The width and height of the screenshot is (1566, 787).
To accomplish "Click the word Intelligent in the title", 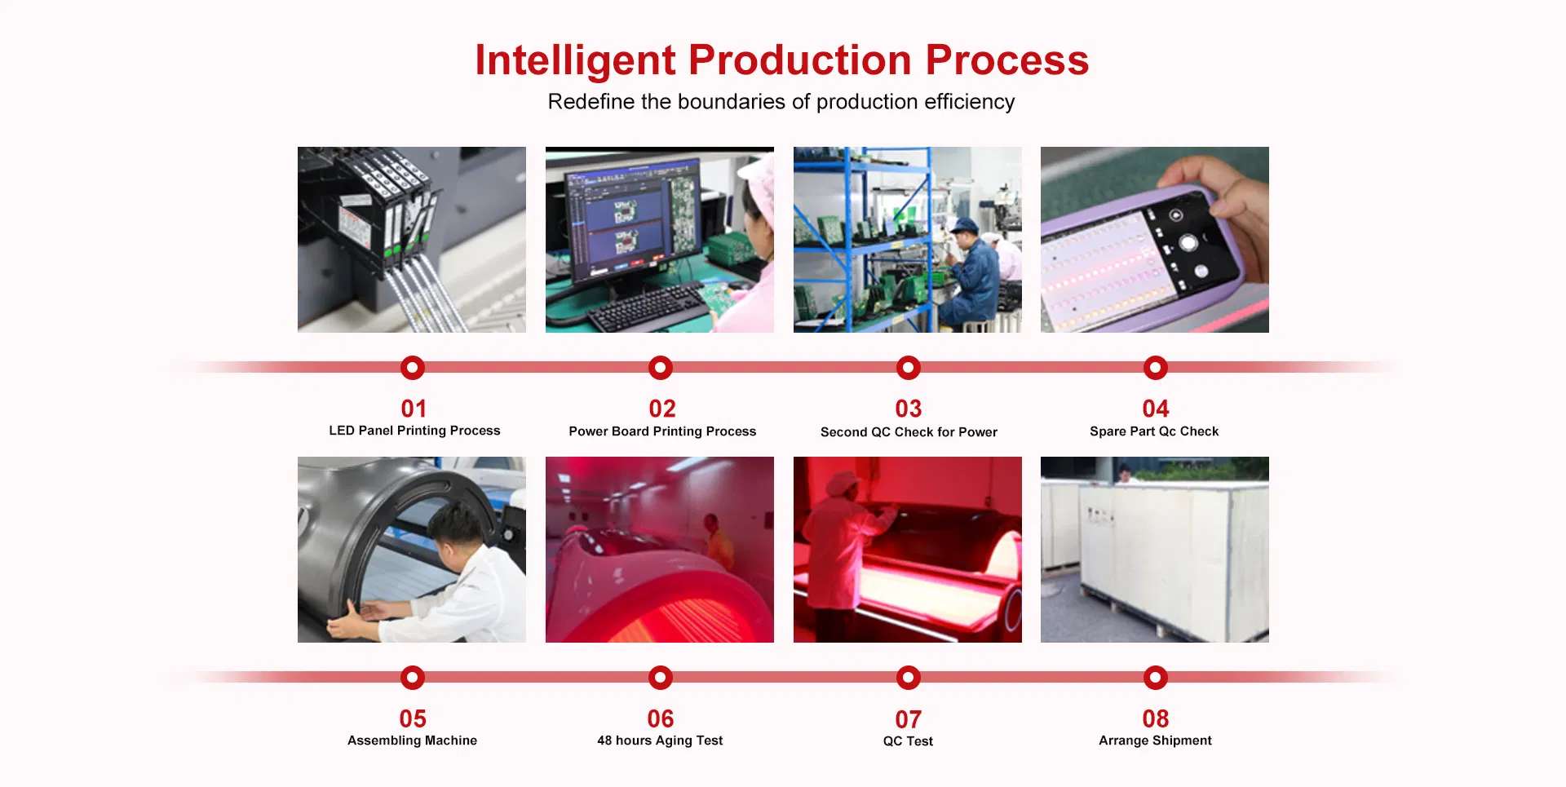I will click(575, 60).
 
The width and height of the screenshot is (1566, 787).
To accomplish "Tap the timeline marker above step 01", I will click(413, 368).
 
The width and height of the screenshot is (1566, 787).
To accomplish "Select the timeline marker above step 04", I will click(1155, 368).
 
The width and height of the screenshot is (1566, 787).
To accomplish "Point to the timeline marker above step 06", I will click(660, 678).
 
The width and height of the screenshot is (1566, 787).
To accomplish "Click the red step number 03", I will click(908, 409).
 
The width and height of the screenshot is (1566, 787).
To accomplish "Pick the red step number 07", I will click(908, 719).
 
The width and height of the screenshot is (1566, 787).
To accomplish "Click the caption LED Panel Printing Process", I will click(414, 431).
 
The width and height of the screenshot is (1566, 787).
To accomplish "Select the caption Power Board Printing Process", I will click(662, 431).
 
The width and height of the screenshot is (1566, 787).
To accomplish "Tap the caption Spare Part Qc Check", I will click(1154, 431).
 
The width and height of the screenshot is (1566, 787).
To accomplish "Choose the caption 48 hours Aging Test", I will click(660, 741).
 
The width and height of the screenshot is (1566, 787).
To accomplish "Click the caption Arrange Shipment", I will click(1155, 741).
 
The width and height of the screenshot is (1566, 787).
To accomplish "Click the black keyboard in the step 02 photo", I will click(648, 307).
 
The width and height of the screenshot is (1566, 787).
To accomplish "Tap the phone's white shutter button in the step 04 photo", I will click(1188, 242).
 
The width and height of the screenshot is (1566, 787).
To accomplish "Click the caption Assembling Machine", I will click(412, 741).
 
